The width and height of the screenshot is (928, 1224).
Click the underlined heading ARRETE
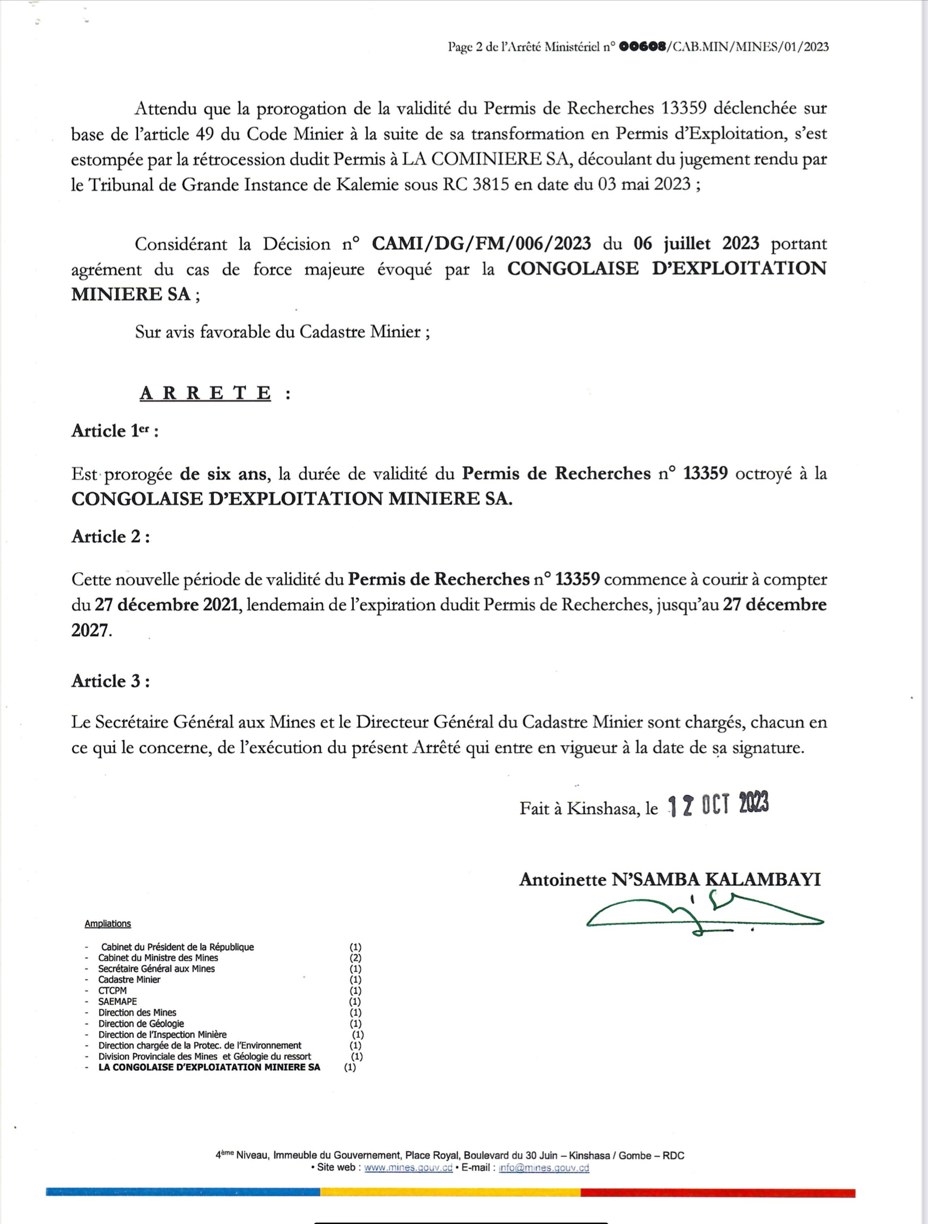(206, 393)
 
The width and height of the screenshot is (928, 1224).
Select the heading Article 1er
(115, 431)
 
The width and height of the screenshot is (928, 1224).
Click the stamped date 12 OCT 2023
(718, 806)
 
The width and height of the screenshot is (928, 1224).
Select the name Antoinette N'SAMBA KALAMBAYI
(670, 879)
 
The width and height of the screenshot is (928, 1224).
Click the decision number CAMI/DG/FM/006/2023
(481, 243)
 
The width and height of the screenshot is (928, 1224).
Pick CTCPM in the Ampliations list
(112, 991)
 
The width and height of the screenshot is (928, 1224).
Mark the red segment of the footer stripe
(718, 1193)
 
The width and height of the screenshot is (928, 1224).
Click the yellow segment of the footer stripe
(450, 1193)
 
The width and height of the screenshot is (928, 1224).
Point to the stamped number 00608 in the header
(642, 47)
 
